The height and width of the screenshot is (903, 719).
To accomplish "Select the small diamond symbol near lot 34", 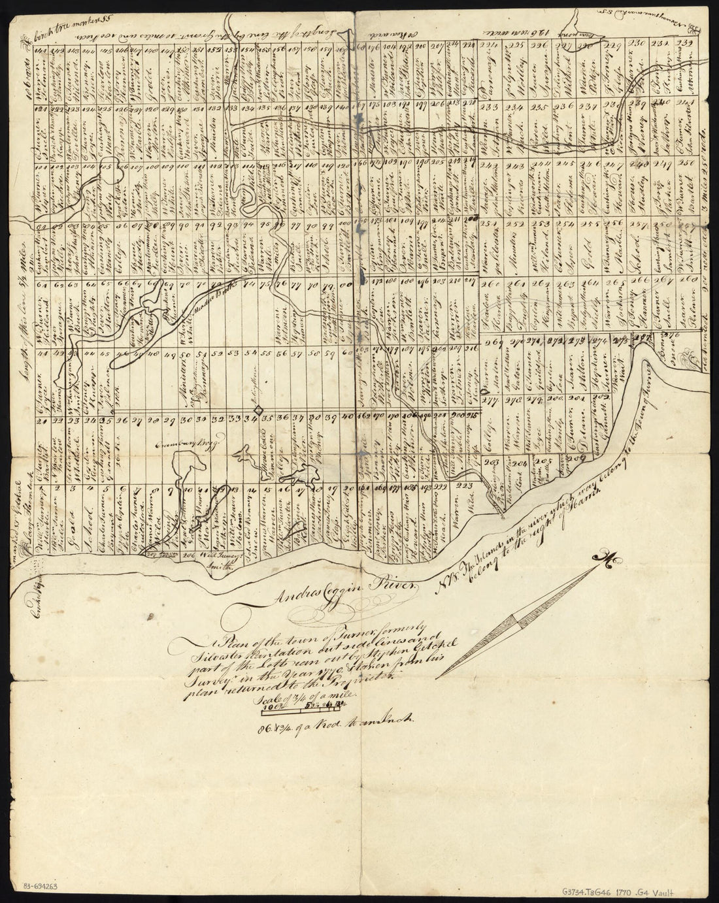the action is [x=259, y=409].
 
